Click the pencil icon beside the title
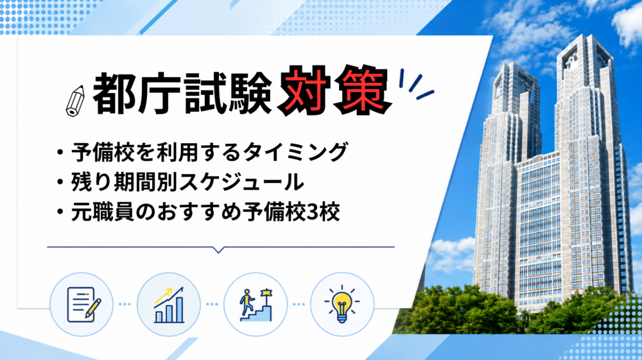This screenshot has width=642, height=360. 75,101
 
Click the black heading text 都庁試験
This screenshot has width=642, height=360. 182,94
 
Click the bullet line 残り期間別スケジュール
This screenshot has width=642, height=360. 180,182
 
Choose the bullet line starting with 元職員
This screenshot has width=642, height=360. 198,212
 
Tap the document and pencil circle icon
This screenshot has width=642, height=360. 82,304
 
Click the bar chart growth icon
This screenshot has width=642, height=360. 169,304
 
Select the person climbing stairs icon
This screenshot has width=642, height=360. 256,304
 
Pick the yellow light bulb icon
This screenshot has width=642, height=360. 342,304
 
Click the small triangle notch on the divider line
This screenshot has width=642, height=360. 219,250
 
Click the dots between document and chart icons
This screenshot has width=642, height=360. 125,304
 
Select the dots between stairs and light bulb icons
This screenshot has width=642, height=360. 299,304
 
